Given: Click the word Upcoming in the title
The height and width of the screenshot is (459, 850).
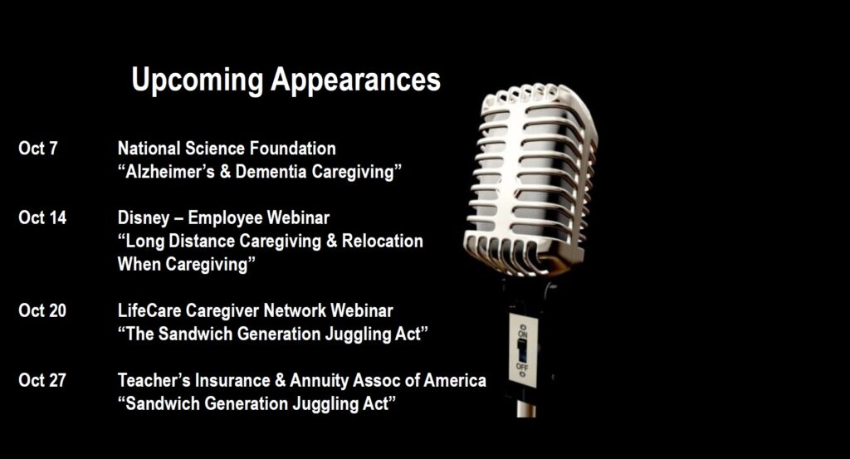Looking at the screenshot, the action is tap(198, 81).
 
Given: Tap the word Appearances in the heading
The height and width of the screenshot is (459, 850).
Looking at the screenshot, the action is tap(355, 81).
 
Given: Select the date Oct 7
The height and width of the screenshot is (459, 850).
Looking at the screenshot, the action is tap(38, 148).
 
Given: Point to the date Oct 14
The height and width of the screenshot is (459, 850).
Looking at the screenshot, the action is tap(42, 217).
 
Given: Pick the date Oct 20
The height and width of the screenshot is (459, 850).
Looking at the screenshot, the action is tap(42, 310).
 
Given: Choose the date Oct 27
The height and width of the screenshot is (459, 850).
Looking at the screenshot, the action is tap(42, 380).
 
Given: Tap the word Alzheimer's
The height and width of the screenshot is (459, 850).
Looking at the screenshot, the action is tap(170, 171).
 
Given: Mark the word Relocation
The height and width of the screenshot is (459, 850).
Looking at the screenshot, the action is tap(383, 241).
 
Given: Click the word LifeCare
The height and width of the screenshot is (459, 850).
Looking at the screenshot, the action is tap(149, 310).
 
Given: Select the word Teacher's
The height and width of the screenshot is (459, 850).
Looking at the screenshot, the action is tap(154, 380).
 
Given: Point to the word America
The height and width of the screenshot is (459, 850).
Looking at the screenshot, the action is tap(455, 380).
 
